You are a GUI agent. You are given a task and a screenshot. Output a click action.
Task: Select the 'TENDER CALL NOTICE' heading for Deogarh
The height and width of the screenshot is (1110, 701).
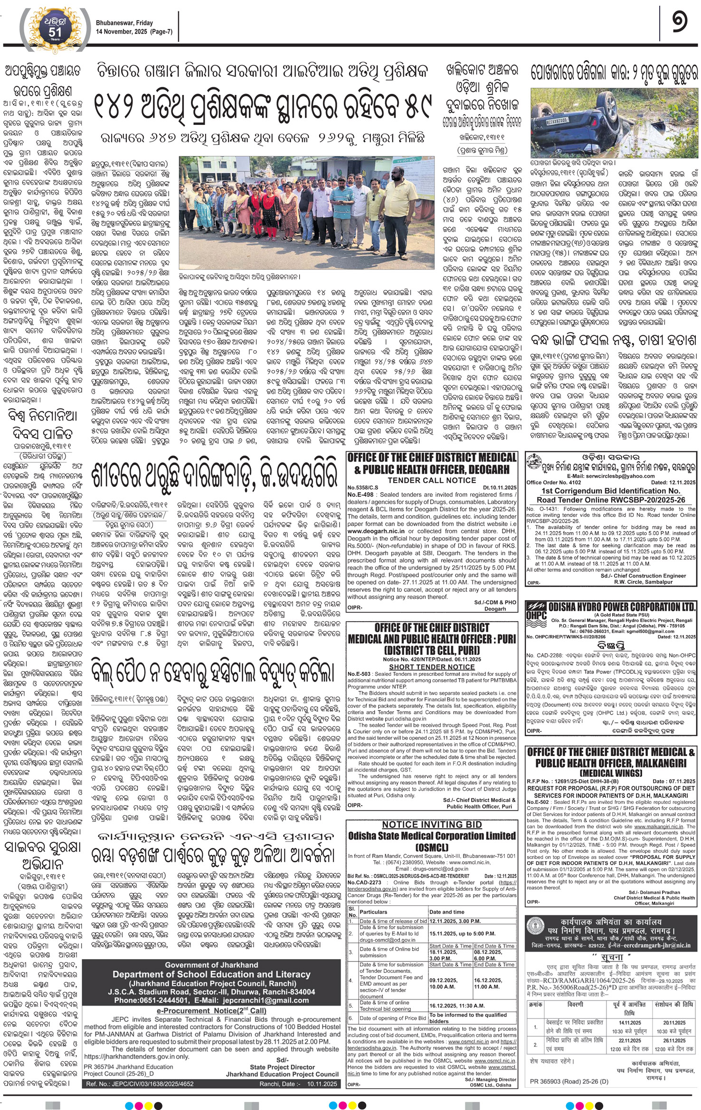coord(431,480)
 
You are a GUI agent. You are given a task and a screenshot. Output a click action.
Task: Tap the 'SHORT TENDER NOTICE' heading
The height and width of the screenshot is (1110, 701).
coord(431,667)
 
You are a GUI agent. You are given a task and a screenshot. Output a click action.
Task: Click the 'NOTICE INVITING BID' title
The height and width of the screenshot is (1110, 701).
coord(431,824)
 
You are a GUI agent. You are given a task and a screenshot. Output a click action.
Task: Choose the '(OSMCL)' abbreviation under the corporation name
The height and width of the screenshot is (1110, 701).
coord(431,847)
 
